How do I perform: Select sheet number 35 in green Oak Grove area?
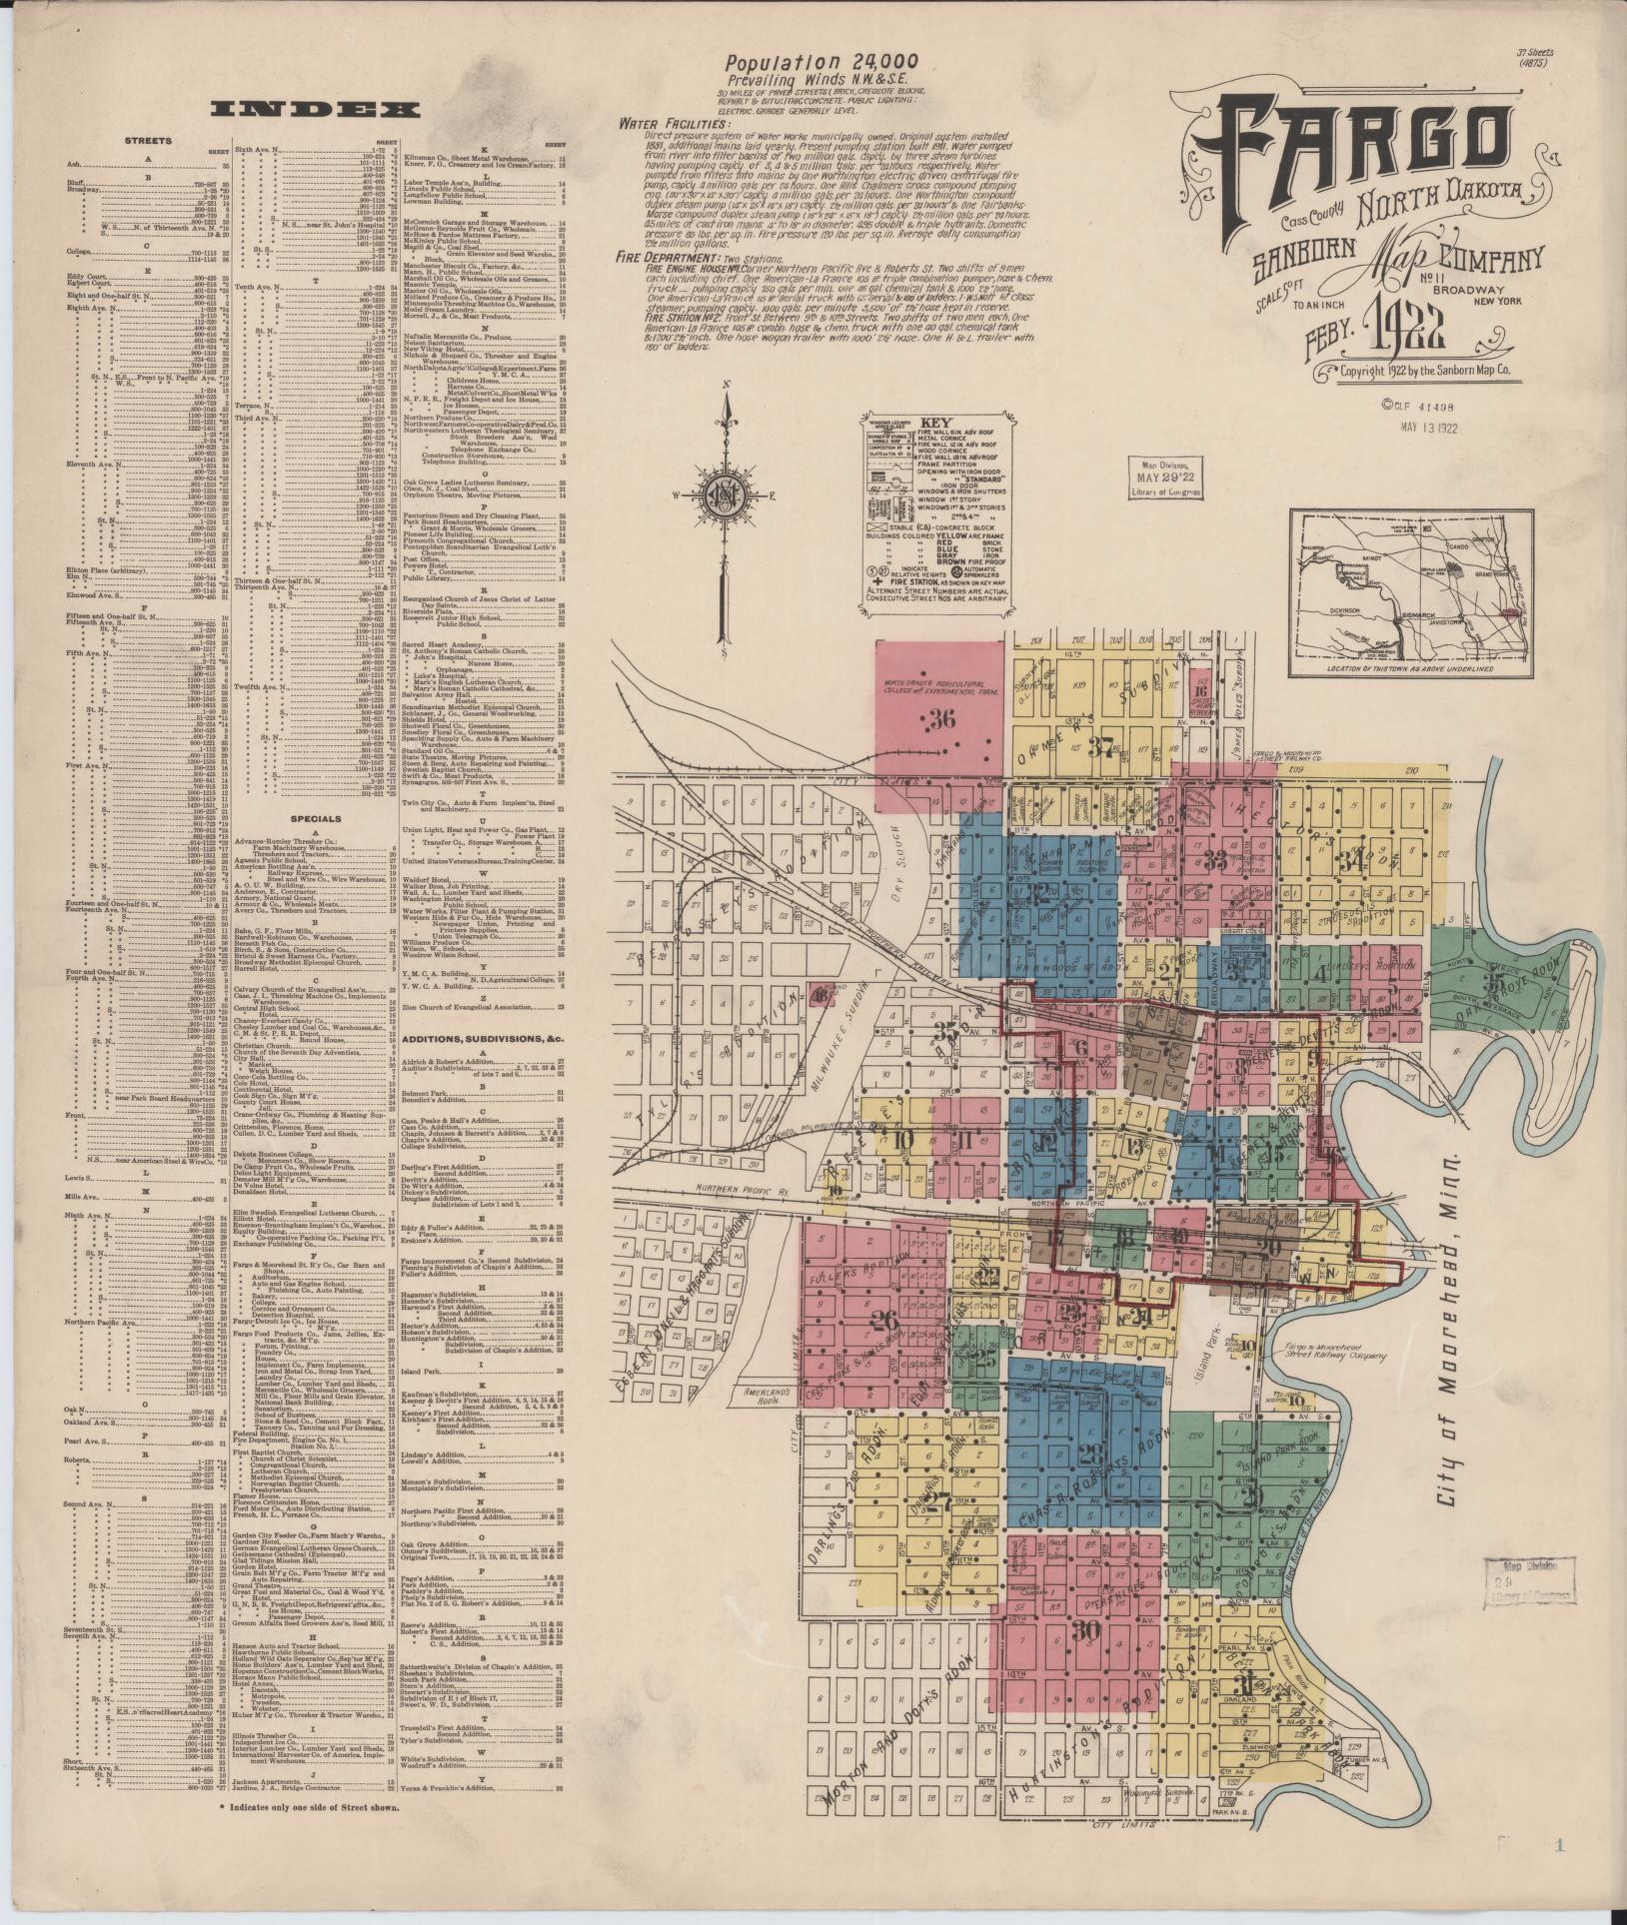pos(1495,982)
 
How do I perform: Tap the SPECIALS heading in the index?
pos(316,817)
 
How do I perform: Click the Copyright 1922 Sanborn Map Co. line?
pos(1426,371)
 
